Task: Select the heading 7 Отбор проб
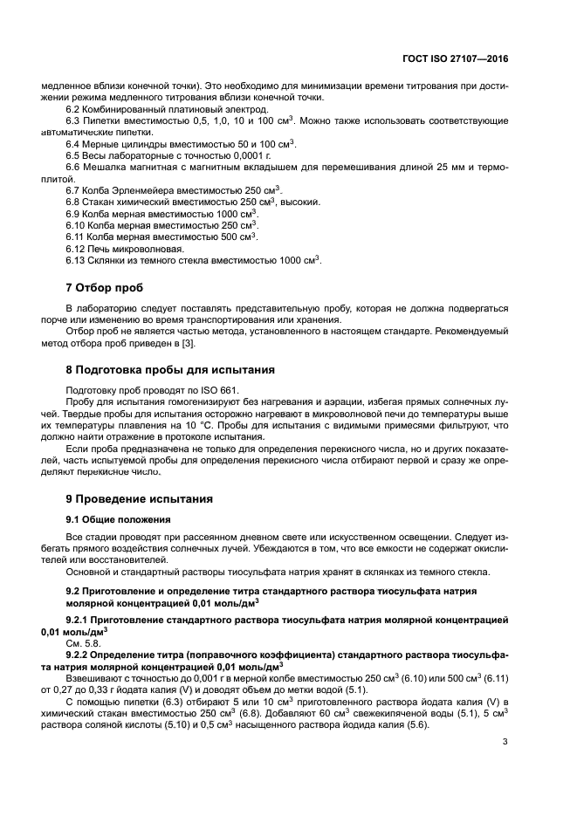point(104,288)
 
